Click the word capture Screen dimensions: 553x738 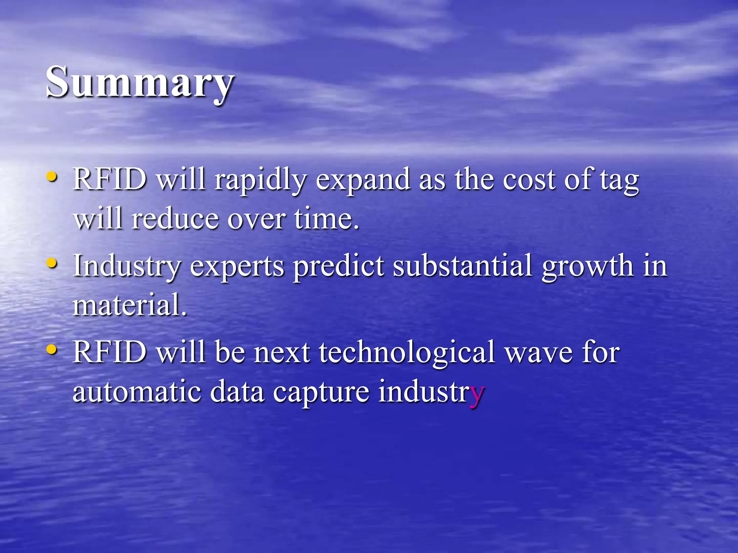click(321, 392)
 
